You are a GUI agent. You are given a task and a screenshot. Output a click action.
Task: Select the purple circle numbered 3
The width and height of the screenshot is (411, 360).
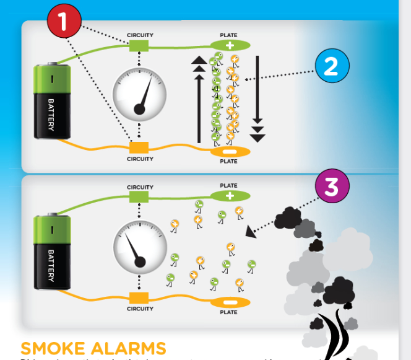(x=332, y=187)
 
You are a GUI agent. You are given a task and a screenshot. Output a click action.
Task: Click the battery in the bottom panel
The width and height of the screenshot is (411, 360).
(x=53, y=250)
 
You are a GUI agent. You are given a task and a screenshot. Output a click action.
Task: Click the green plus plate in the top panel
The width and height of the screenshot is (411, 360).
(x=230, y=45)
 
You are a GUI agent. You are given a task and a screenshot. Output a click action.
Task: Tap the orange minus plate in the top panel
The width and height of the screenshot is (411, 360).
(x=230, y=152)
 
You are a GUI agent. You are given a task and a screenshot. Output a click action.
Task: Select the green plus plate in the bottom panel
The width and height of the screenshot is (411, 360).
(x=228, y=195)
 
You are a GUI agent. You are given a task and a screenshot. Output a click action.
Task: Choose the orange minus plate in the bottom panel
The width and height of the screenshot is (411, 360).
(x=228, y=302)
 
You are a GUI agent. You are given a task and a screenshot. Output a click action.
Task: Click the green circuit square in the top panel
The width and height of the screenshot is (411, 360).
(x=139, y=45)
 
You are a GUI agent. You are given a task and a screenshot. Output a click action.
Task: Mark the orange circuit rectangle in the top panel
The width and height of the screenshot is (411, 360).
(x=139, y=147)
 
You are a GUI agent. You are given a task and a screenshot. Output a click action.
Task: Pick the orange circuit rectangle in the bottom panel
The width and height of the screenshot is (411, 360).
(x=140, y=299)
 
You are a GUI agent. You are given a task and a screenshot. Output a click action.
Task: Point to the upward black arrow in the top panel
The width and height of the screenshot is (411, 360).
(x=199, y=99)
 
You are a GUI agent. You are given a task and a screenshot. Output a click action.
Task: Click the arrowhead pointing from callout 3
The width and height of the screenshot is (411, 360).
(x=250, y=232)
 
